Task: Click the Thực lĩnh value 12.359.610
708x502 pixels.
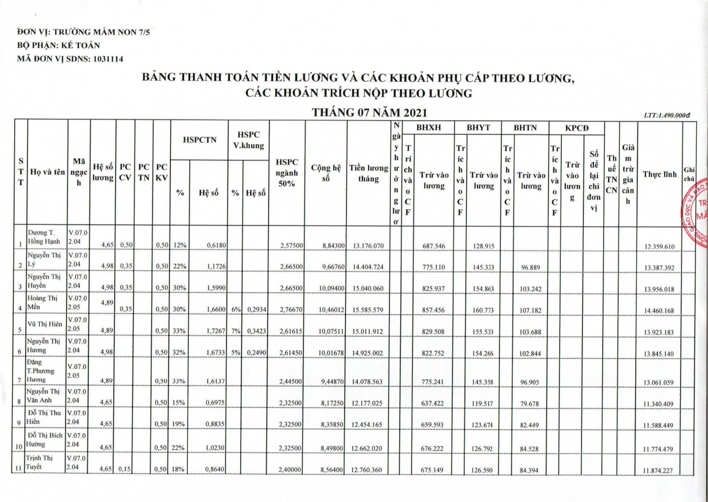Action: pyautogui.click(x=659, y=247)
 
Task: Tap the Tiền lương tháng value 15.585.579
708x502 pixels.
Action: pyautogui.click(x=368, y=310)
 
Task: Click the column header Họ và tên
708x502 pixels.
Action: pyautogui.click(x=48, y=172)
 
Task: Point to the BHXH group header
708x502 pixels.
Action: pyautogui.click(x=429, y=128)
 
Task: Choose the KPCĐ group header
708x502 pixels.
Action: pyautogui.click(x=577, y=128)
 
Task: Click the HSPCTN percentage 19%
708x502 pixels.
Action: pyautogui.click(x=179, y=424)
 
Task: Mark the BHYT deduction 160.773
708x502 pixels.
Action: pyautogui.click(x=483, y=311)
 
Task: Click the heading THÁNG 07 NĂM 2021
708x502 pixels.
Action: pyautogui.click(x=370, y=112)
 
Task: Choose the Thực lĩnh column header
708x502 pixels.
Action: pyautogui.click(x=659, y=174)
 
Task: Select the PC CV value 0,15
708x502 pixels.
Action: pyautogui.click(x=126, y=469)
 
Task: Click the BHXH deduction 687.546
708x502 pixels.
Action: pyautogui.click(x=433, y=246)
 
